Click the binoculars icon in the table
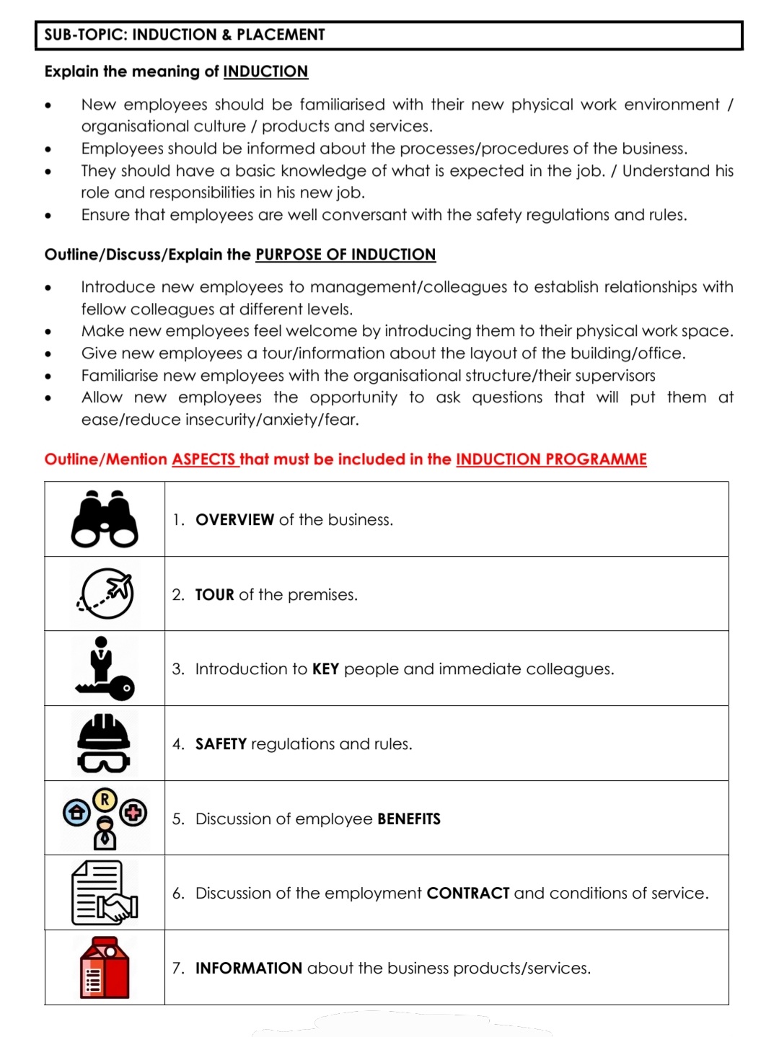[x=105, y=519]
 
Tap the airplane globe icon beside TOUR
[x=106, y=593]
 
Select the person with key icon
[x=104, y=669]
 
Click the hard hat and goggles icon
[x=104, y=743]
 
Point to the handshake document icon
[x=105, y=893]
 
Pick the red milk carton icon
[x=105, y=968]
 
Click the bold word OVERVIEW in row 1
[x=234, y=520]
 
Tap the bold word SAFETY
[x=221, y=744]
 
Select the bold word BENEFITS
[x=408, y=819]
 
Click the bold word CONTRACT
[x=468, y=893]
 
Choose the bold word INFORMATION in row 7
[x=248, y=968]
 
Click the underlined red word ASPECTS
[x=204, y=459]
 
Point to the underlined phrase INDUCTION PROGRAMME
[x=551, y=459]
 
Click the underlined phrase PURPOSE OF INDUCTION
[x=346, y=255]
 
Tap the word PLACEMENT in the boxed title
[x=281, y=35]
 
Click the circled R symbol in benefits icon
[x=105, y=799]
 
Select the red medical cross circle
[x=133, y=813]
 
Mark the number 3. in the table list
[x=178, y=669]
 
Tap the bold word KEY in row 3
[x=325, y=669]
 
